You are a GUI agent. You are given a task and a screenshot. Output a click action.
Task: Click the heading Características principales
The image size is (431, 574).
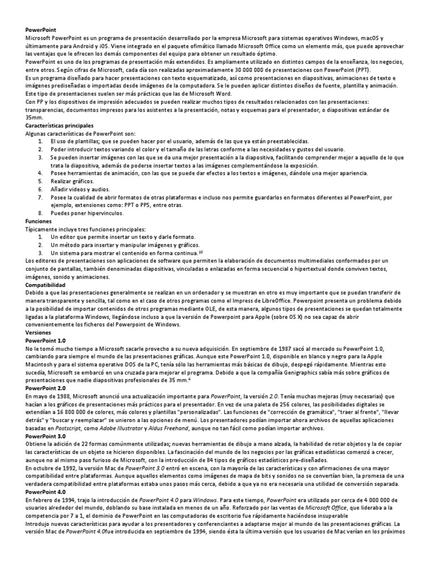59,126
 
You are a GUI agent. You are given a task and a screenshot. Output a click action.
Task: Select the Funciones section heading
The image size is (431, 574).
39,221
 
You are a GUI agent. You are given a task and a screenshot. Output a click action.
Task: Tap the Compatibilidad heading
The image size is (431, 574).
46,285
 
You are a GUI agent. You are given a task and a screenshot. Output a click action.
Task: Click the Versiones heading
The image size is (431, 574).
39,332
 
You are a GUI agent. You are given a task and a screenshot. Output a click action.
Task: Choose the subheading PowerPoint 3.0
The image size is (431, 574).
45,435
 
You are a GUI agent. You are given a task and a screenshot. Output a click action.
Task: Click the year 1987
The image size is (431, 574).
272,348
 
